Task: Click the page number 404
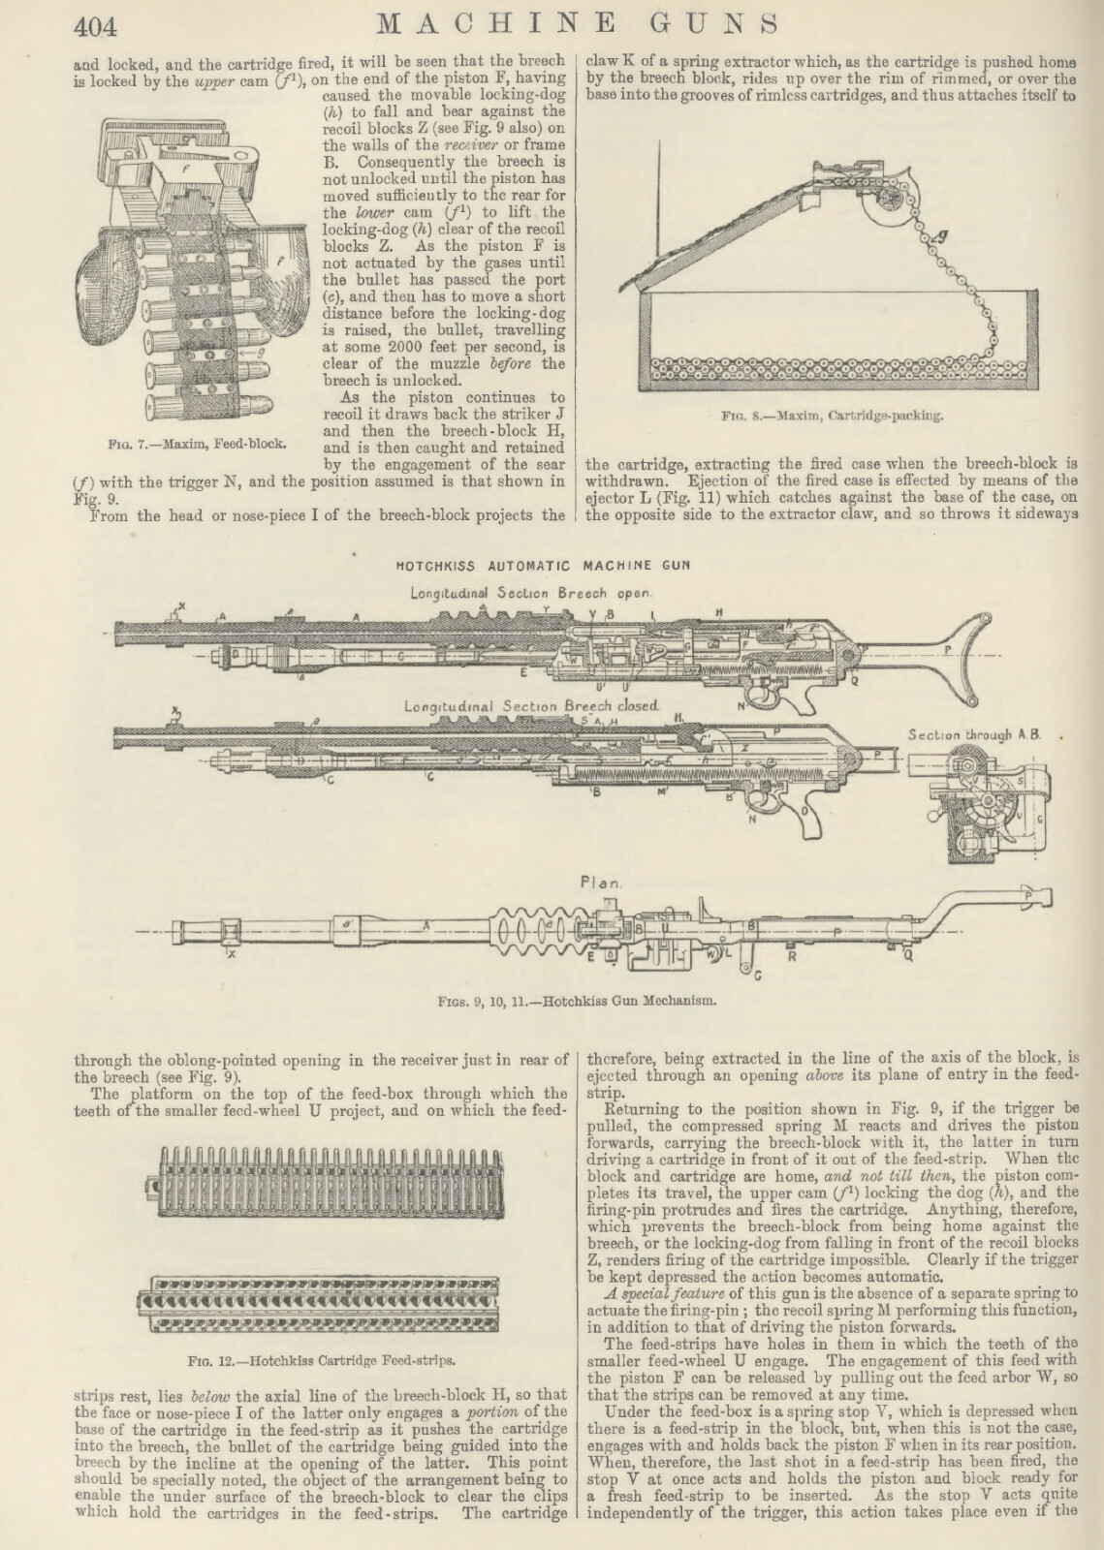(94, 25)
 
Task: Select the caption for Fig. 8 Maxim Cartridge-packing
(833, 417)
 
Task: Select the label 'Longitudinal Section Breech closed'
(531, 707)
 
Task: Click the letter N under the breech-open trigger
(740, 705)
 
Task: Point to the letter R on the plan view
(790, 955)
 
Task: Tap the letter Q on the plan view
(907, 955)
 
